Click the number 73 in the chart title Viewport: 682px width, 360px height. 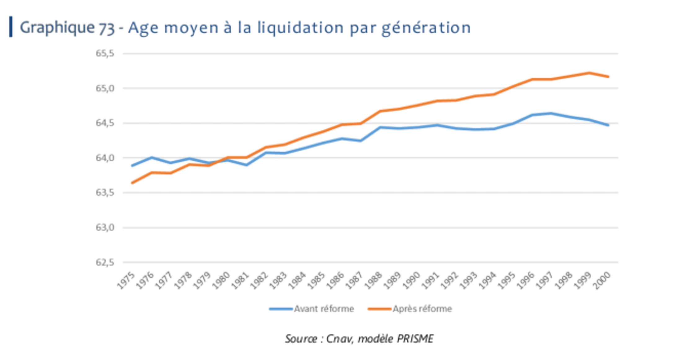click(107, 28)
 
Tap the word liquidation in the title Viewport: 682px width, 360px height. click(300, 28)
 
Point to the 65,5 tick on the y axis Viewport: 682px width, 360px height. click(105, 53)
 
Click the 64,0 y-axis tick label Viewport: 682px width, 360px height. click(105, 158)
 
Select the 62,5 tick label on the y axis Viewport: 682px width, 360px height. click(105, 262)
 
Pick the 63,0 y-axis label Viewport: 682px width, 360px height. click(105, 228)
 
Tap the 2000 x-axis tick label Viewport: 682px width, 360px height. click(602, 280)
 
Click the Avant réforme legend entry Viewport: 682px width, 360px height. click(324, 309)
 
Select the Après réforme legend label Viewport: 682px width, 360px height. click(422, 309)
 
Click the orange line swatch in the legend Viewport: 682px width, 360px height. click(379, 309)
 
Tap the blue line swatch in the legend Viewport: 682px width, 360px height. click(281, 309)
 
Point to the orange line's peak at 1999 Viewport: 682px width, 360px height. click(589, 73)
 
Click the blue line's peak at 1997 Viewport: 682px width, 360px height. click(551, 113)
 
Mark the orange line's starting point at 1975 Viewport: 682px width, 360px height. click(133, 183)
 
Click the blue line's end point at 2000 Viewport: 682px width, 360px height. click(608, 125)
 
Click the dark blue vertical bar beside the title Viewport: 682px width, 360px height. click(11, 27)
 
